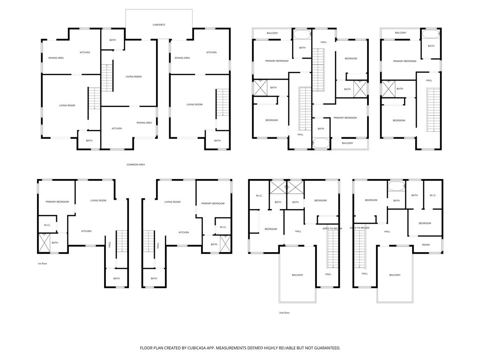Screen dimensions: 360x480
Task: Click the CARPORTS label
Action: click(159, 24)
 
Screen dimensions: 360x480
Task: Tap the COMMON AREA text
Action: click(135, 165)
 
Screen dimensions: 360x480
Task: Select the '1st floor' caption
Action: click(42, 263)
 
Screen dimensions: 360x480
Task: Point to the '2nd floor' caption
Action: click(284, 312)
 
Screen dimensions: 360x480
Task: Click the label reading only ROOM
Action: click(425, 245)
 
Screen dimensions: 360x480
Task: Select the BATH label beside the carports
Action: click(112, 40)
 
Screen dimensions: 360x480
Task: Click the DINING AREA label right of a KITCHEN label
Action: click(144, 123)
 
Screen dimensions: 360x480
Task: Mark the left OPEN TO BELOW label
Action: click(332, 228)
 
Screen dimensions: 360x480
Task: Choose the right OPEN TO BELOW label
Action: click(360, 228)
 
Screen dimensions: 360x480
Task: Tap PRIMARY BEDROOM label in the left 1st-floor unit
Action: click(57, 202)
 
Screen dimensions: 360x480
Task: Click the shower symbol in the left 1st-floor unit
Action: click(45, 243)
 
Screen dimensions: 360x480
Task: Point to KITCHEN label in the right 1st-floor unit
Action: click(184, 232)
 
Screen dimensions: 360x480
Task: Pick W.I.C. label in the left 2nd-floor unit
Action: click(259, 195)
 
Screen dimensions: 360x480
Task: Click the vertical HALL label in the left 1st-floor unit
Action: click(110, 245)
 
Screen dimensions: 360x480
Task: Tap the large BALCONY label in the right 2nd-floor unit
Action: click(395, 275)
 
